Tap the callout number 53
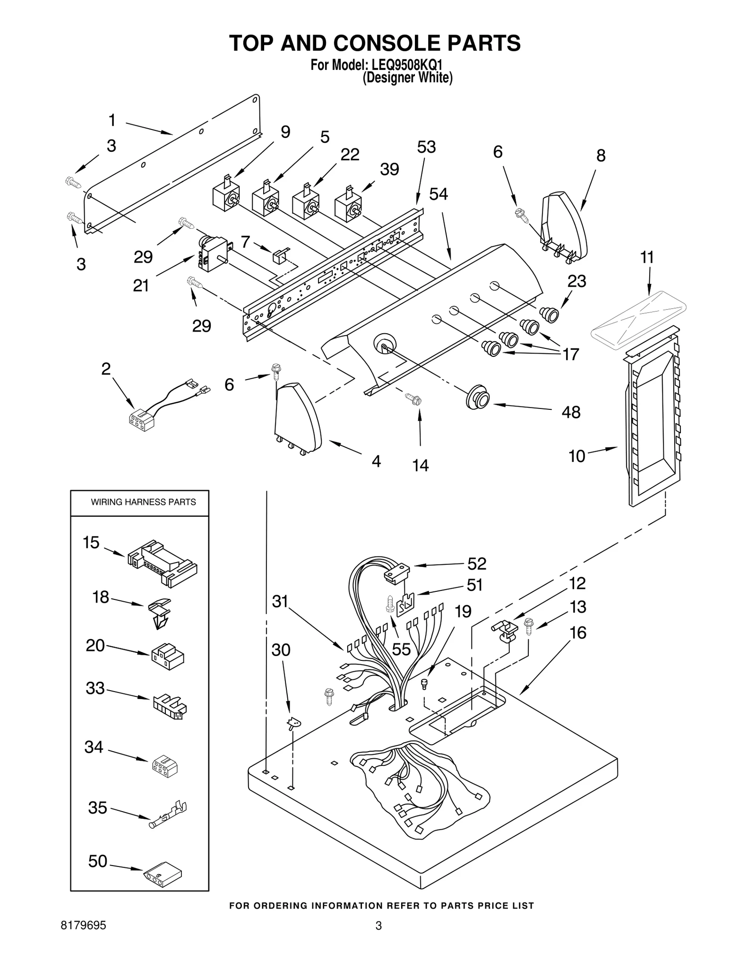pos(426,147)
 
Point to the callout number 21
pos(141,286)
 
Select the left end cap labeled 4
pos(298,418)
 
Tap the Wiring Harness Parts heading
pos(143,502)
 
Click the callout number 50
pos(98,861)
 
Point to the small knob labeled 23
pos(549,314)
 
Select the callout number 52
pos(476,563)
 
